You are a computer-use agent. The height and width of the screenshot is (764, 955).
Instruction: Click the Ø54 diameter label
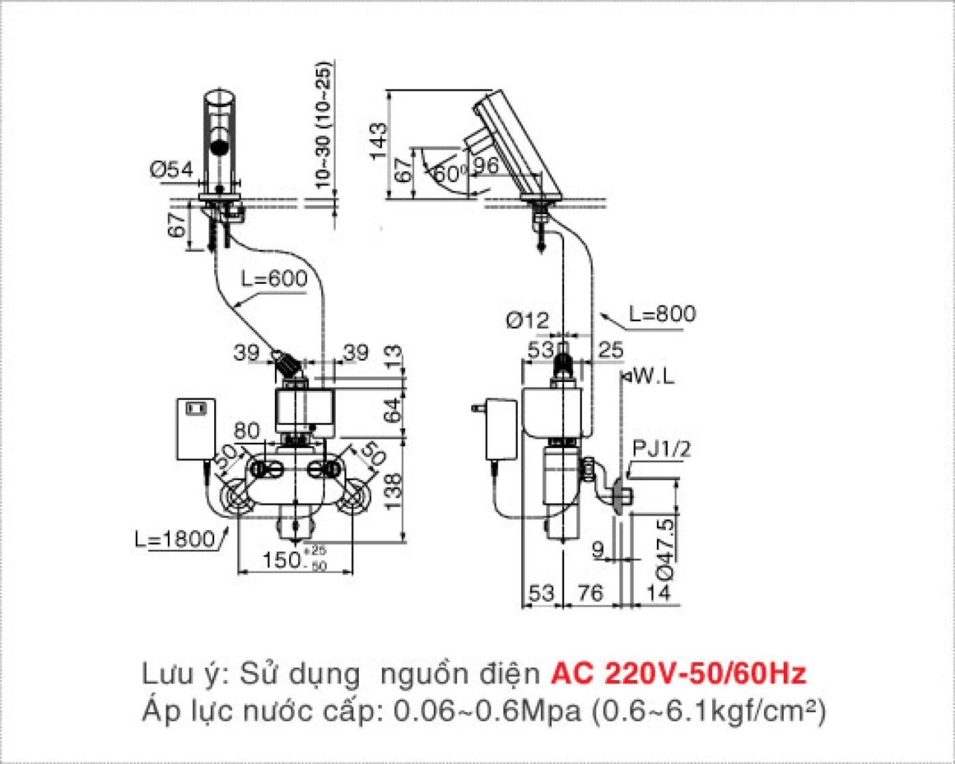pos(171,169)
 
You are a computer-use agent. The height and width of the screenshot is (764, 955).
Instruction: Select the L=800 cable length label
pos(662,314)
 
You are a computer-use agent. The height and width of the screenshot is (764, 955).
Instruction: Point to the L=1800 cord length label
pos(175,540)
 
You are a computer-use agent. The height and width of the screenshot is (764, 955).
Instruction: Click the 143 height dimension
pos(377,142)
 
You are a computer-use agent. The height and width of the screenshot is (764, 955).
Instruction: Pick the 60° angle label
pos(451,173)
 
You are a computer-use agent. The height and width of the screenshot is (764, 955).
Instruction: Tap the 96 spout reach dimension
pos(486,165)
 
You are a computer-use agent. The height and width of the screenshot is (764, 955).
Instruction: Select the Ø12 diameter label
pos(527,319)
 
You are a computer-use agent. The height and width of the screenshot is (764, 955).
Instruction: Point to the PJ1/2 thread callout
pos(661,449)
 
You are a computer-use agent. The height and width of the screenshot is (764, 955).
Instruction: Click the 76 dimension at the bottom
pos(590,593)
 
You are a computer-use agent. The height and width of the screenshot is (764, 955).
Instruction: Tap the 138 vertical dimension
pos(392,492)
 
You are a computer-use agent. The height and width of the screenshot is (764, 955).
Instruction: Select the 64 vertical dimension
pos(392,411)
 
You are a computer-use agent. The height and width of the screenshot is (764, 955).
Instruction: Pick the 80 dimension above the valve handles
pos(246,430)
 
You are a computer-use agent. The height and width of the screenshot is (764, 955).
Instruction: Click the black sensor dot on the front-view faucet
pos(220,147)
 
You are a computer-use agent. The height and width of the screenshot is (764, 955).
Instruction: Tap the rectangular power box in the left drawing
pos(196,428)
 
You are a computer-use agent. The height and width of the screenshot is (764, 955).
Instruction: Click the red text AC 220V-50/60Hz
pos(678,673)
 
